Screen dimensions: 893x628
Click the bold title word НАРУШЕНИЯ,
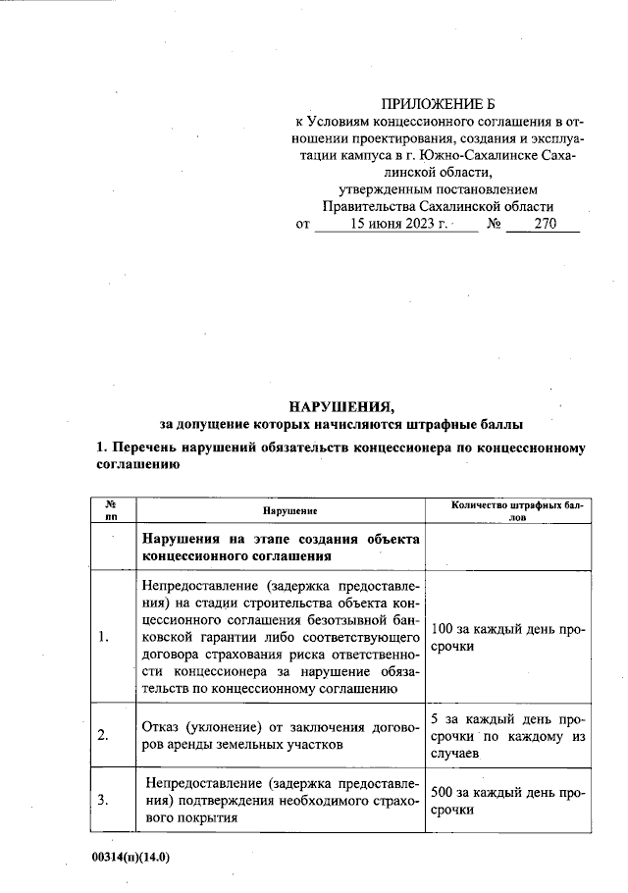point(340,405)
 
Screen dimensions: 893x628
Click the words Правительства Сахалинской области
point(438,207)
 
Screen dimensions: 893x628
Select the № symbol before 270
point(495,225)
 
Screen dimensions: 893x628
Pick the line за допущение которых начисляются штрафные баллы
point(340,424)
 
